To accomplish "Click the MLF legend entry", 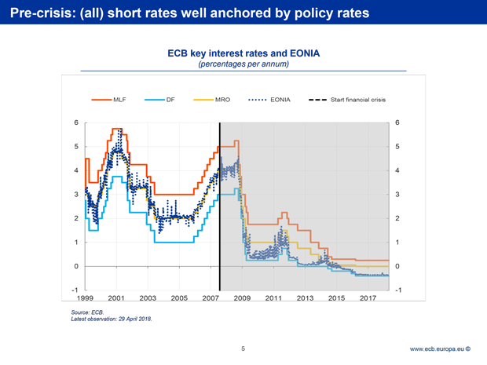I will (x=111, y=100).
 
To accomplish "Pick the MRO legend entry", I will (x=212, y=100).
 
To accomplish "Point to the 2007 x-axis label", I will (x=211, y=298).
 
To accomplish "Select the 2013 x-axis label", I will (x=305, y=298).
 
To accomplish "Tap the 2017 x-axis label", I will (x=368, y=298).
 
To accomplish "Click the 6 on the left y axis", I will (x=75, y=122).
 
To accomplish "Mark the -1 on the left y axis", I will (x=74, y=290).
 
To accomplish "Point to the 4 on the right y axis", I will (x=400, y=170).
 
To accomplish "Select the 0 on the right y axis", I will (x=400, y=266).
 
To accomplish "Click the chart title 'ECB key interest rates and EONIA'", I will (x=243, y=54).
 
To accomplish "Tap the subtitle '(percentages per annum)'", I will (x=243, y=64).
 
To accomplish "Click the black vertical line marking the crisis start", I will (x=220, y=204).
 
